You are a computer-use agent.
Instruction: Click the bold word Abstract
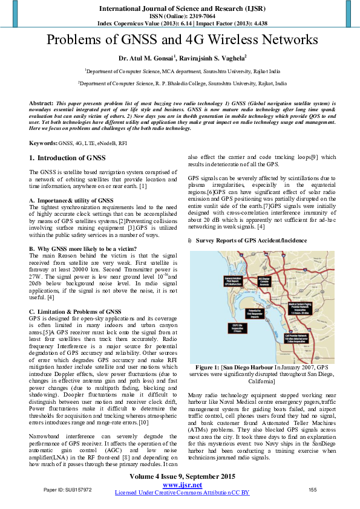pos(41,104)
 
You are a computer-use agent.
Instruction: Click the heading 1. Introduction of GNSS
pos(68,158)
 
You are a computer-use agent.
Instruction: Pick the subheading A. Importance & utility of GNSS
pos(71,200)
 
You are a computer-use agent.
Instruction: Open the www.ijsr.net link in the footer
pos(182,485)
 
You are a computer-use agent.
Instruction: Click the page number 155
pos(312,490)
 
